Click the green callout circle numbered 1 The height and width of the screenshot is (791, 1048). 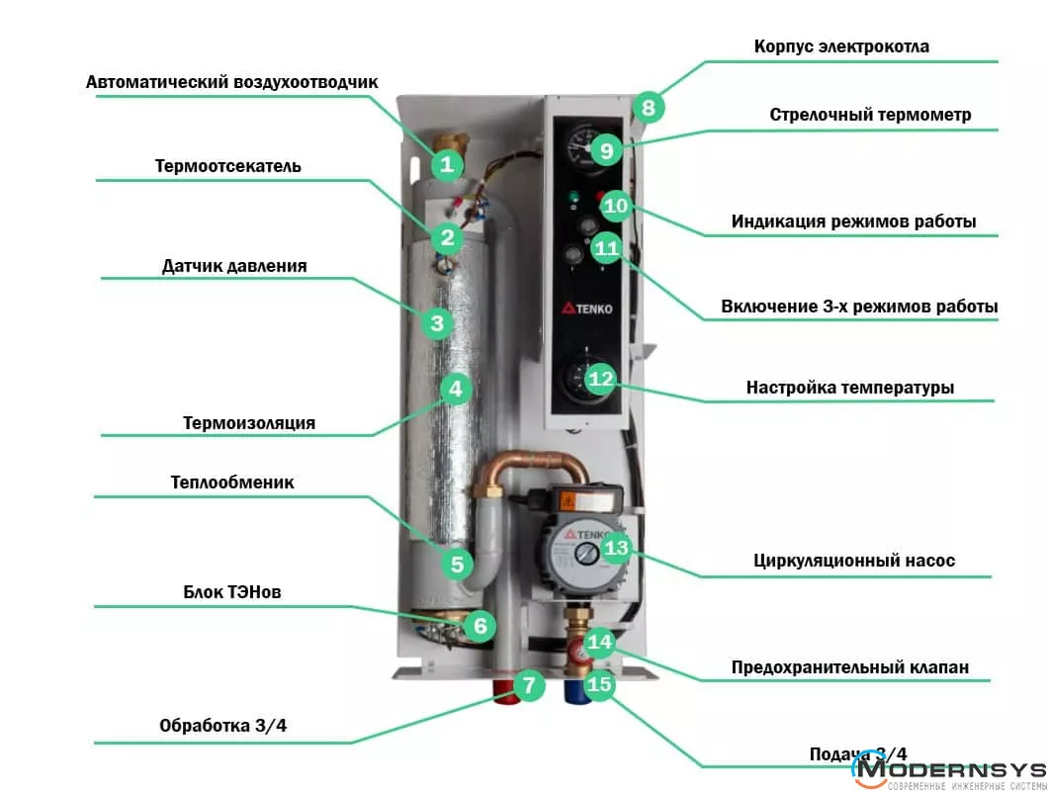click(x=448, y=164)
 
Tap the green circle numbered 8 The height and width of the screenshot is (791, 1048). click(x=649, y=107)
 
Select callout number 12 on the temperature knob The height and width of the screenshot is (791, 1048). click(x=601, y=379)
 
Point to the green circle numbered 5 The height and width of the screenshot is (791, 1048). click(x=457, y=565)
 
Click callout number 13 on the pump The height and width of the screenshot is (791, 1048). click(x=616, y=547)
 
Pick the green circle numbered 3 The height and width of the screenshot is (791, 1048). click(x=437, y=322)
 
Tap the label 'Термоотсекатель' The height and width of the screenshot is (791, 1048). click(x=228, y=166)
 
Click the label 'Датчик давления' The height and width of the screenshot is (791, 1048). click(x=234, y=266)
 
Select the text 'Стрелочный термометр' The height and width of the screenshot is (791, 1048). click(x=870, y=115)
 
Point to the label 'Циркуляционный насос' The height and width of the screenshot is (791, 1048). click(x=854, y=561)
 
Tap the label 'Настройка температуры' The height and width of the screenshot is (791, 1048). click(x=850, y=388)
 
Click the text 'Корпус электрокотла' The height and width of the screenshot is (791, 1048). click(x=841, y=46)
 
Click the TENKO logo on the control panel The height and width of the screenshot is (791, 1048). click(x=589, y=308)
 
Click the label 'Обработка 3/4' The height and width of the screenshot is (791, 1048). click(x=223, y=726)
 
